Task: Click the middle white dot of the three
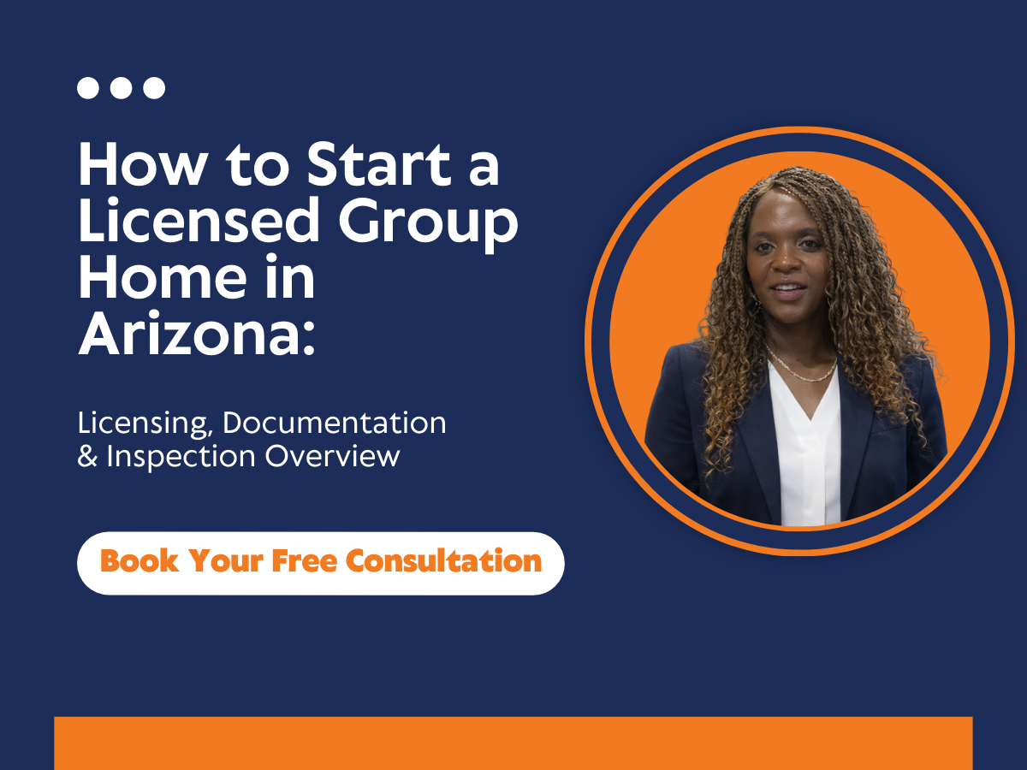click(x=122, y=88)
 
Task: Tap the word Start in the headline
click(x=379, y=164)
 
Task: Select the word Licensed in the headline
click(x=199, y=219)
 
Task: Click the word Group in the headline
click(x=428, y=224)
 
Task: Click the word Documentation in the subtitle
click(x=334, y=423)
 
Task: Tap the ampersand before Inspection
click(x=87, y=456)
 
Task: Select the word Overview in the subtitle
click(x=333, y=456)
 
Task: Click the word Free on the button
click(x=304, y=560)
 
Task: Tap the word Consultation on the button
click(x=443, y=560)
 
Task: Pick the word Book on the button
click(x=140, y=560)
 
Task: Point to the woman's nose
click(x=787, y=263)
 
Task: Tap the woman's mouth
click(x=788, y=289)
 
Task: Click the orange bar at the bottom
click(x=513, y=743)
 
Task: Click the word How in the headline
click(x=143, y=164)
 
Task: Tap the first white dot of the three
click(x=88, y=88)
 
